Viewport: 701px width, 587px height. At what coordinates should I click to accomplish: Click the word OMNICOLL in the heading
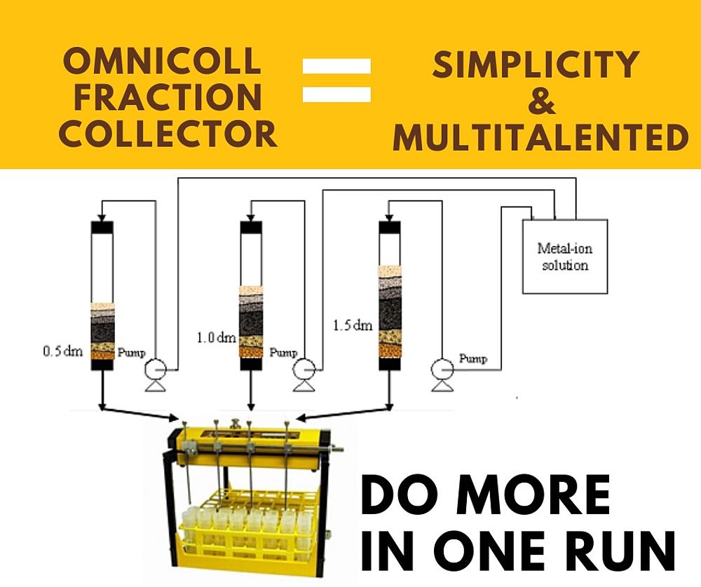click(168, 63)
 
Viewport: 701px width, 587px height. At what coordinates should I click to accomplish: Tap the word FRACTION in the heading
click(168, 97)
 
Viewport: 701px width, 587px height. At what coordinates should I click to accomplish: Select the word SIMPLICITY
click(535, 66)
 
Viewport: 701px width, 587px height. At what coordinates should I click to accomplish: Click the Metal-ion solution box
click(564, 256)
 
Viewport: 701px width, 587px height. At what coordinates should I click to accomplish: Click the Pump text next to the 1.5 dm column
click(472, 359)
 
